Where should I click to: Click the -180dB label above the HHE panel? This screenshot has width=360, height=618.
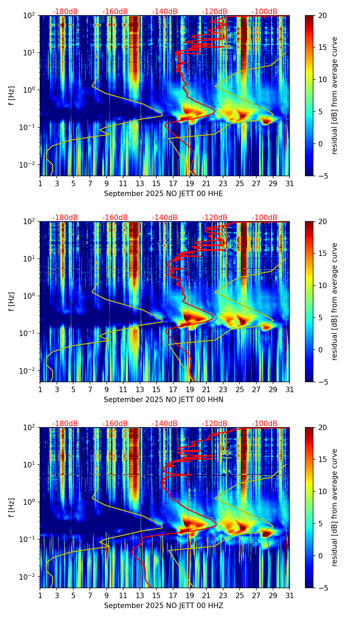coord(65,12)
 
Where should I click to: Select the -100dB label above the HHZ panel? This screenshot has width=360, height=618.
coord(265,424)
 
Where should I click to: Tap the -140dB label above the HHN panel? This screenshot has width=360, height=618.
coord(165,218)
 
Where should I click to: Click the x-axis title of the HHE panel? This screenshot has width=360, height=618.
coord(164,194)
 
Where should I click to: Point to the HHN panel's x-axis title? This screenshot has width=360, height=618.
coord(164,400)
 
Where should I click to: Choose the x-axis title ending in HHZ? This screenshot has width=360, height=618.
coord(164,606)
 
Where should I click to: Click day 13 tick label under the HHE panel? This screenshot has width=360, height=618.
coord(140,183)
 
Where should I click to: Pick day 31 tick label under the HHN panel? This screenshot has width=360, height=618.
coord(290,389)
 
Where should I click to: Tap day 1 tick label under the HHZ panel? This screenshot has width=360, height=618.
coord(40,595)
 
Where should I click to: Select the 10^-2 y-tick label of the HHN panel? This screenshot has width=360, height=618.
coord(28,371)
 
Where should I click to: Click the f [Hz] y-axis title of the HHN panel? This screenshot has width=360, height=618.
coord(12,301)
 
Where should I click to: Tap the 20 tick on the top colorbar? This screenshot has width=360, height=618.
coord(322,15)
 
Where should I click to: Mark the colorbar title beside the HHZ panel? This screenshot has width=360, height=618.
coord(334,507)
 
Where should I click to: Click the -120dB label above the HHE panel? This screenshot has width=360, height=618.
coord(215,12)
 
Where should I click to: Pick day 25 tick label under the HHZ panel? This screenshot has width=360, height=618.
coord(240,595)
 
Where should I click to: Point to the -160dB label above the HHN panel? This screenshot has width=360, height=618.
coord(115,218)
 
